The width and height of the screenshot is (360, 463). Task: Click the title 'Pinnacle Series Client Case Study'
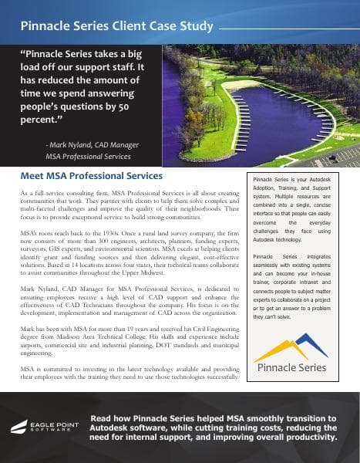[118, 26]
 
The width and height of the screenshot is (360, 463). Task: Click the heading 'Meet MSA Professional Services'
[92, 177]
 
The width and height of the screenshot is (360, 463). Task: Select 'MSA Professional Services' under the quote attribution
[88, 157]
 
